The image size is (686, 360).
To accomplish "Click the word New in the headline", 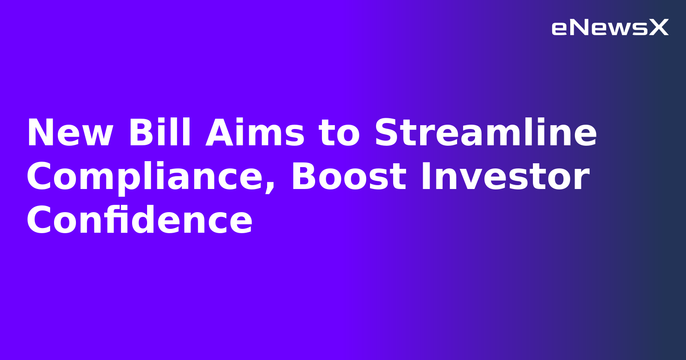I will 70,133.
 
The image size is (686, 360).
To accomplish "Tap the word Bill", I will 159,133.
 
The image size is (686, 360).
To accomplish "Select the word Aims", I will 255,133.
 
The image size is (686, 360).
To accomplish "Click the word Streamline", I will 485,133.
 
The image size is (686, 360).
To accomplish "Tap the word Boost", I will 349,177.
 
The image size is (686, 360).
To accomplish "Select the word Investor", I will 505,177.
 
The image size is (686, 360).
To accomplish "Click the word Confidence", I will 139,221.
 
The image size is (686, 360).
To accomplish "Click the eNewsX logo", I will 610,28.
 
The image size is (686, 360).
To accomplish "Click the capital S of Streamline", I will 388,133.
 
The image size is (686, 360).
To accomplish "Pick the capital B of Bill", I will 138,133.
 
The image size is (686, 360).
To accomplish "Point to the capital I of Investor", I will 425,177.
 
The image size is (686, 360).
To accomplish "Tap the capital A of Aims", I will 219,133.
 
